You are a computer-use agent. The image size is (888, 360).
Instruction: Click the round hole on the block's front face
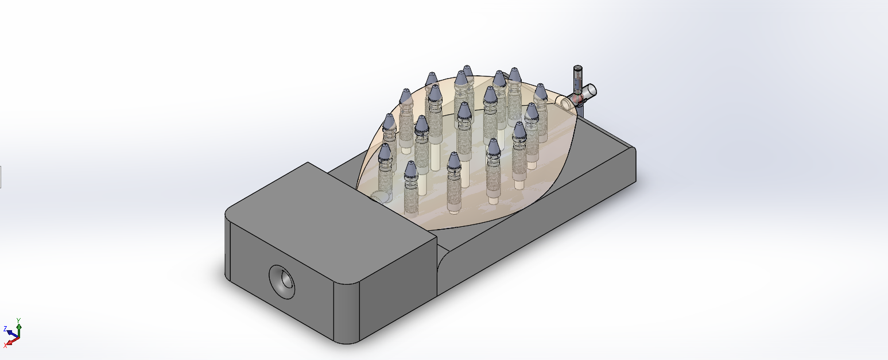tap(282, 282)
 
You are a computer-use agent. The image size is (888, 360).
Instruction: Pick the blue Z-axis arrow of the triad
tap(11, 334)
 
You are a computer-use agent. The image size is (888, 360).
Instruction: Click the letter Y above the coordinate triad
tap(18, 320)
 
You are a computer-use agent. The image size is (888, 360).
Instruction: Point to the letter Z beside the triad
tap(5, 328)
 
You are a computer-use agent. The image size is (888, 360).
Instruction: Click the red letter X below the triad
tap(5, 346)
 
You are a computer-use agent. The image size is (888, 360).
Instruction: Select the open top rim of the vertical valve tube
tap(577, 68)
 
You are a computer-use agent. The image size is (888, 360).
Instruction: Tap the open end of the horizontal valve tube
tap(591, 90)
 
